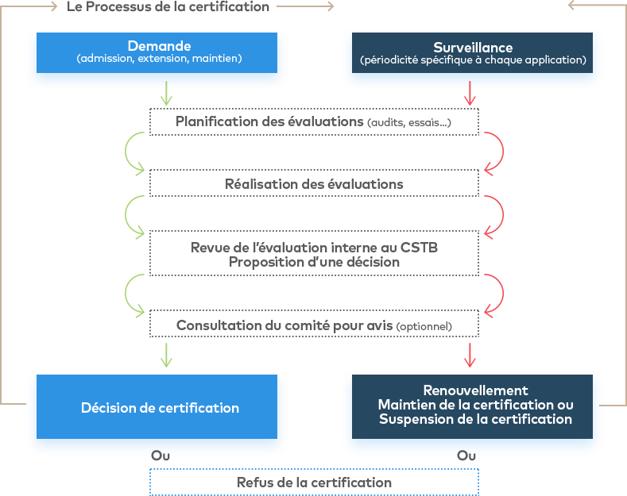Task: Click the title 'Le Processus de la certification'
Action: (168, 6)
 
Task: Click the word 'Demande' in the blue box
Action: (159, 46)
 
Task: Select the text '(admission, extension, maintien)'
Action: (159, 59)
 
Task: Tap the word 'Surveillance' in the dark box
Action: (473, 48)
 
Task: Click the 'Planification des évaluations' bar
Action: (270, 121)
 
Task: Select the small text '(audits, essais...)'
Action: (410, 122)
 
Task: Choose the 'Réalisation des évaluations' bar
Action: (315, 183)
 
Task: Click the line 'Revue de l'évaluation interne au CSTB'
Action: (315, 247)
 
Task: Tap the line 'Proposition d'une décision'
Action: (315, 262)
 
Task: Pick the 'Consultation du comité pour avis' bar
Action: (284, 325)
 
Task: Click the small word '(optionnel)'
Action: (424, 326)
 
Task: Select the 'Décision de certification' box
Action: (160, 408)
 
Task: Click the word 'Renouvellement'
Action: (475, 390)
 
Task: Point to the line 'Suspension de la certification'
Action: (475, 419)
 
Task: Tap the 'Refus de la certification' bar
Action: (315, 482)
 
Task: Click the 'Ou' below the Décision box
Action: (161, 456)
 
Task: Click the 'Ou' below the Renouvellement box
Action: (466, 456)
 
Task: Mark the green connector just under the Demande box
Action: (166, 95)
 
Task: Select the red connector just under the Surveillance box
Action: (470, 95)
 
